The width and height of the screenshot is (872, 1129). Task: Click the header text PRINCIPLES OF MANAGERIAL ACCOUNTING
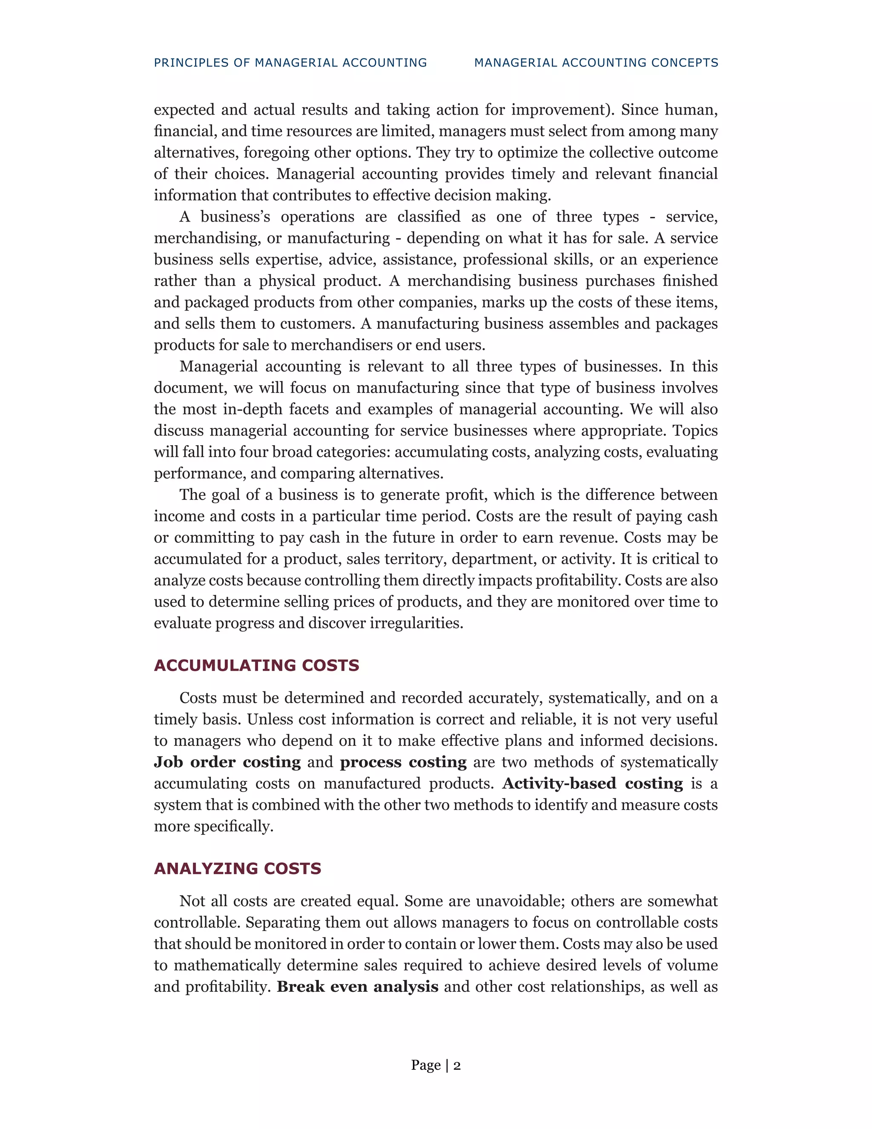coord(290,63)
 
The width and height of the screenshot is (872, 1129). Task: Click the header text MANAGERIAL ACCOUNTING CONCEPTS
coord(596,63)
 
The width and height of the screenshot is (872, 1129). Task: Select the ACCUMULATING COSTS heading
coord(256,665)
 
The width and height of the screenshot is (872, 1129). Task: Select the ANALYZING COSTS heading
coord(237,868)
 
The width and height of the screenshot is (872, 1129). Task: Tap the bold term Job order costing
coord(227,763)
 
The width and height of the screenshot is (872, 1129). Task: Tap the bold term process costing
coord(403,763)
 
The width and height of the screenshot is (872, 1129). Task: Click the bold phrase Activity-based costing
coord(593,783)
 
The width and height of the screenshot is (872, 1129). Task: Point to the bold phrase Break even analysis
coord(358,987)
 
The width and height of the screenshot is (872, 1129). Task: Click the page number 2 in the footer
coord(457,1066)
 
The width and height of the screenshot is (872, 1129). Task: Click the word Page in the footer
coord(426,1066)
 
